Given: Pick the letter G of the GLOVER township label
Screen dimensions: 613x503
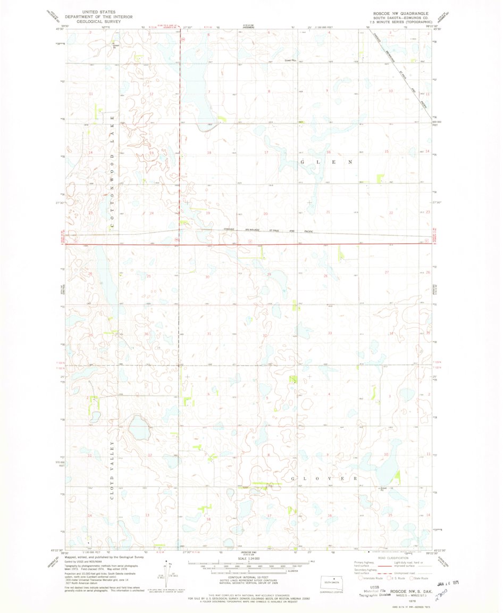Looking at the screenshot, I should tap(294, 479).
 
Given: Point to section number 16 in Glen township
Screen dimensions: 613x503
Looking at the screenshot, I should tap(329, 153).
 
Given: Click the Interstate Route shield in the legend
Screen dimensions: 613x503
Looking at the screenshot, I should tap(361, 578).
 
